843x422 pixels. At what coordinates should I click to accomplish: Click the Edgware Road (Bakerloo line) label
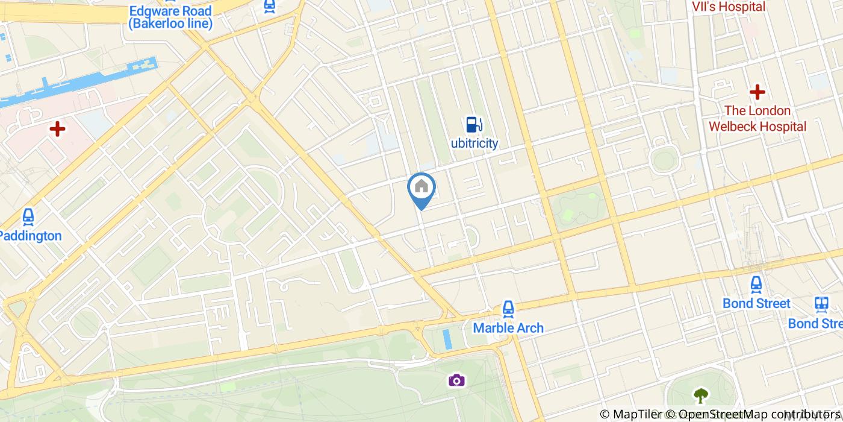(x=170, y=17)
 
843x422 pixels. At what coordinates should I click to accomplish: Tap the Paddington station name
(x=31, y=236)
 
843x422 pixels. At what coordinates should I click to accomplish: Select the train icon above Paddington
(x=28, y=216)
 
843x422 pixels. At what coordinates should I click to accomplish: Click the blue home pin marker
(x=421, y=187)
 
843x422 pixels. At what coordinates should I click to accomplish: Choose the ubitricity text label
(x=474, y=143)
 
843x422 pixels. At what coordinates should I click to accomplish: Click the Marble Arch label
(x=508, y=328)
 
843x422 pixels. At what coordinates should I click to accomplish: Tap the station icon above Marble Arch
(x=508, y=310)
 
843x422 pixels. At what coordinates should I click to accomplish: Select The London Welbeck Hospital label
(x=757, y=119)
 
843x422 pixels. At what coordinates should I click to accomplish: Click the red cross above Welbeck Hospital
(x=757, y=92)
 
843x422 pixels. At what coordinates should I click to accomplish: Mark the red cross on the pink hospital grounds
(x=57, y=128)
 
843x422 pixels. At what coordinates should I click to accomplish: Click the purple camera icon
(x=456, y=380)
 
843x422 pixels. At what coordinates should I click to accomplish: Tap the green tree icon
(x=700, y=395)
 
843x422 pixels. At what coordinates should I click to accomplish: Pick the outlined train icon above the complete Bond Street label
(x=756, y=284)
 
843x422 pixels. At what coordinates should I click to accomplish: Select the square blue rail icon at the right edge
(x=821, y=304)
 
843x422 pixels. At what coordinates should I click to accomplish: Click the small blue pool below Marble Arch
(x=446, y=339)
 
